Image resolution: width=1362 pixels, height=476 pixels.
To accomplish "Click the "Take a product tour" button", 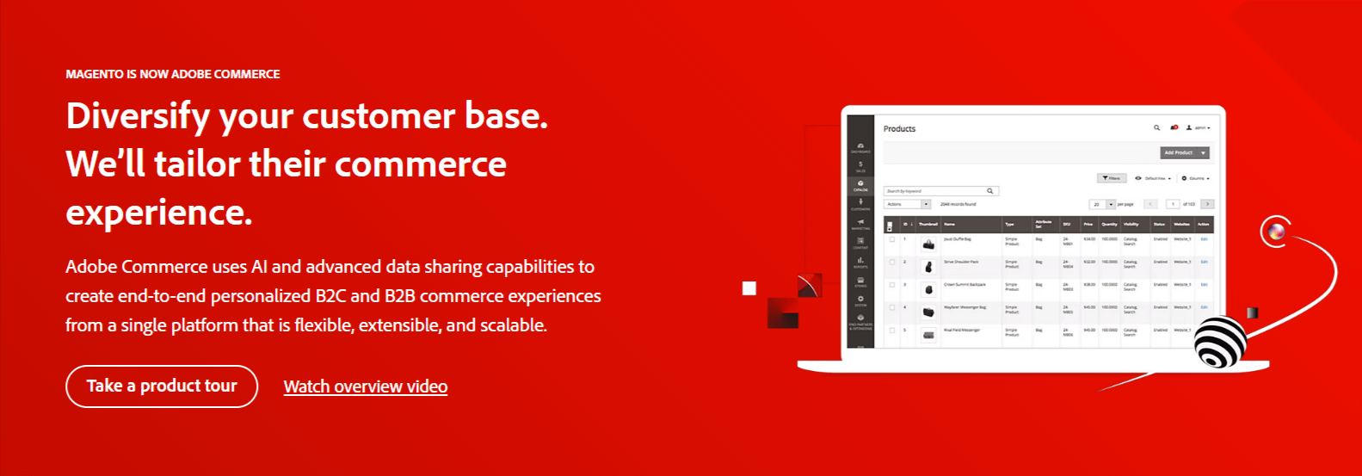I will coord(162,386).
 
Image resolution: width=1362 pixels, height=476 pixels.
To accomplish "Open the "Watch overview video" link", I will coord(365,386).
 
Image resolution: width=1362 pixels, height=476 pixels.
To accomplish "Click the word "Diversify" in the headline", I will coord(138,116).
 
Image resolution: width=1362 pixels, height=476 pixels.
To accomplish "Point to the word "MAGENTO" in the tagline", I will coord(95,74).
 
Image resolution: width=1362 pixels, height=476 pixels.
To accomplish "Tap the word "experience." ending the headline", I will coord(159,212).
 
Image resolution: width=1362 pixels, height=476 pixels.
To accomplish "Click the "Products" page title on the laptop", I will coord(899,129).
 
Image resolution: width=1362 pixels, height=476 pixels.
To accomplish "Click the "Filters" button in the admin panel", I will coord(1112,178).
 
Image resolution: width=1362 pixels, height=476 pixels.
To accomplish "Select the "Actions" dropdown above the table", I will coord(907,204).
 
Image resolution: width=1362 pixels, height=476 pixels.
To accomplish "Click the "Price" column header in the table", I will coord(1088,224).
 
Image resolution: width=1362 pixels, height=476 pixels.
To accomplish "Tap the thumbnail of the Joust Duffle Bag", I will coord(928,244).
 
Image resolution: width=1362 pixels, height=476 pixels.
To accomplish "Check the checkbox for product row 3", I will coord(892,285).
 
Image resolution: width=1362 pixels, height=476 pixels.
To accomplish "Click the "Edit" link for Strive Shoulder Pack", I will coord(1204,262).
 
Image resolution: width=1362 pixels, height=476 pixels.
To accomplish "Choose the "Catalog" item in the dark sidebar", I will coord(860,185).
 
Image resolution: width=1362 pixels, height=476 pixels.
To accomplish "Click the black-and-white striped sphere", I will coord(1220,342).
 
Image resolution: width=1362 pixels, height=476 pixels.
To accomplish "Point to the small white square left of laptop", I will coord(749,288).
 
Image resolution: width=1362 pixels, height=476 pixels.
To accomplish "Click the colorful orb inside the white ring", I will coord(1276,231).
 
